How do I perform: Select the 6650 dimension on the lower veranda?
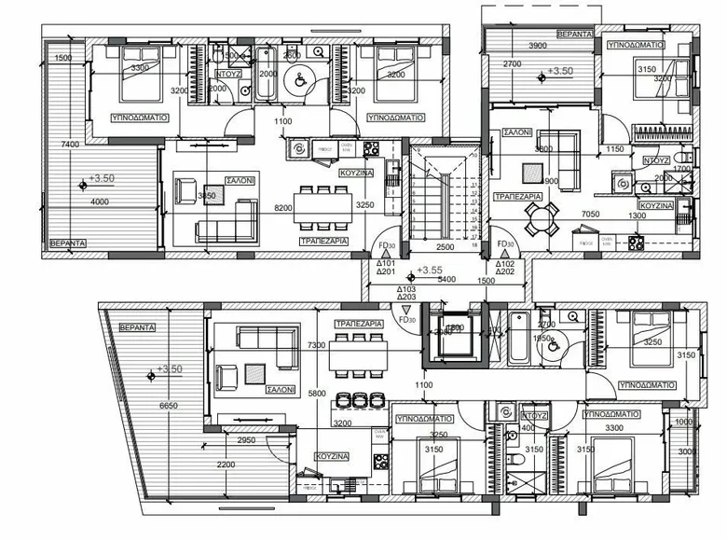[169, 406]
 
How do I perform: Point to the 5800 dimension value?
[319, 395]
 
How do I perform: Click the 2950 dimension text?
[247, 439]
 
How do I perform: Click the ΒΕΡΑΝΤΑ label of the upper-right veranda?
[575, 34]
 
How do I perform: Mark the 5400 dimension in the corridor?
[446, 279]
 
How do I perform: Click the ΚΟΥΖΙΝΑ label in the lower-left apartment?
[331, 457]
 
